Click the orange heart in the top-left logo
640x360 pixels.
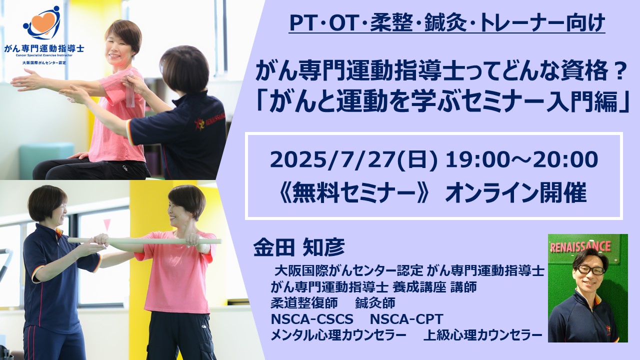pyautogui.click(x=42, y=22)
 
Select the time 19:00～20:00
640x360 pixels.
pyautogui.click(x=521, y=160)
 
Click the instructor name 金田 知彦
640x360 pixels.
pyautogui.click(x=299, y=247)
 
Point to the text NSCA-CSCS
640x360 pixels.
pyautogui.click(x=312, y=319)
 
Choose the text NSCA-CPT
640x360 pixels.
pyautogui.click(x=406, y=319)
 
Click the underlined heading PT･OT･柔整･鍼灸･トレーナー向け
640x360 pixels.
pyautogui.click(x=447, y=23)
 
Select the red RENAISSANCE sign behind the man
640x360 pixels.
pyautogui.click(x=580, y=246)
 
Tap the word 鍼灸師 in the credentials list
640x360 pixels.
pyautogui.click(x=375, y=303)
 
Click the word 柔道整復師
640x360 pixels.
pyautogui.click(x=304, y=303)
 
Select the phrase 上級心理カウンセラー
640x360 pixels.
pyautogui.click(x=483, y=335)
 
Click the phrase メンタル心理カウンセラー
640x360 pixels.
pyautogui.click(x=338, y=335)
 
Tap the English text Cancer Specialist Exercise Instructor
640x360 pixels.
pyautogui.click(x=44, y=55)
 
